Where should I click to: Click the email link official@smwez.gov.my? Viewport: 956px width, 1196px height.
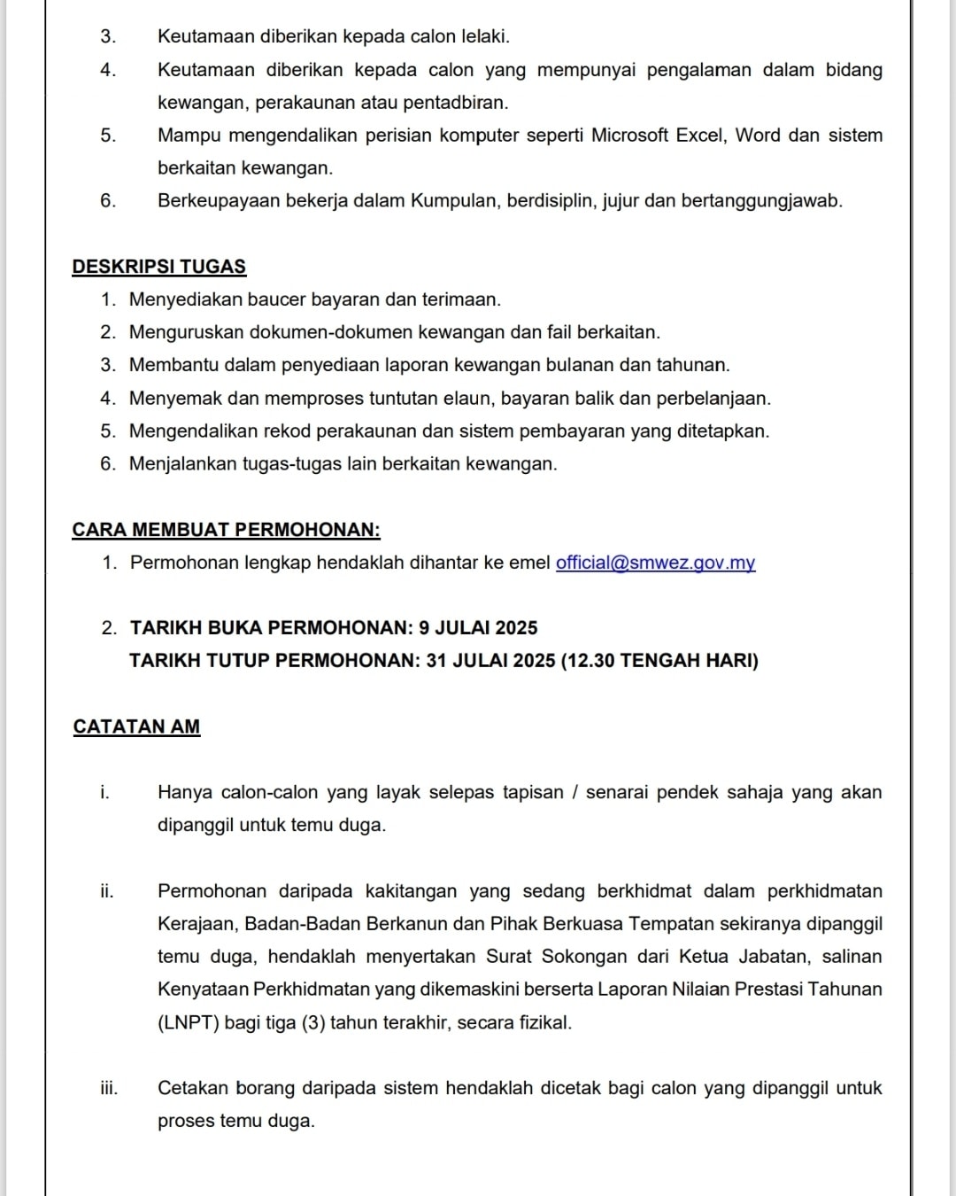click(x=655, y=563)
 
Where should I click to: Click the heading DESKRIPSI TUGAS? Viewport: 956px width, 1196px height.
click(x=159, y=267)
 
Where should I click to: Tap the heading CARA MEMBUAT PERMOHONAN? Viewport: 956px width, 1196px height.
click(x=227, y=530)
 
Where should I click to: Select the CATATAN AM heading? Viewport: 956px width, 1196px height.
click(x=137, y=726)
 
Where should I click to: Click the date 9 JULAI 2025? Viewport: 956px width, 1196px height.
click(x=478, y=628)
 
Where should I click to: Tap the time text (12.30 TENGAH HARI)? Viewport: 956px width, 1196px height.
click(x=660, y=661)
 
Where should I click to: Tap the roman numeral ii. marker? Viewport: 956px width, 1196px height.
click(x=107, y=891)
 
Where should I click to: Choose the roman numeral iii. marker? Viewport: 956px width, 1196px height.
click(x=108, y=1088)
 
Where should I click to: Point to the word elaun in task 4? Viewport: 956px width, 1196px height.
click(x=469, y=399)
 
